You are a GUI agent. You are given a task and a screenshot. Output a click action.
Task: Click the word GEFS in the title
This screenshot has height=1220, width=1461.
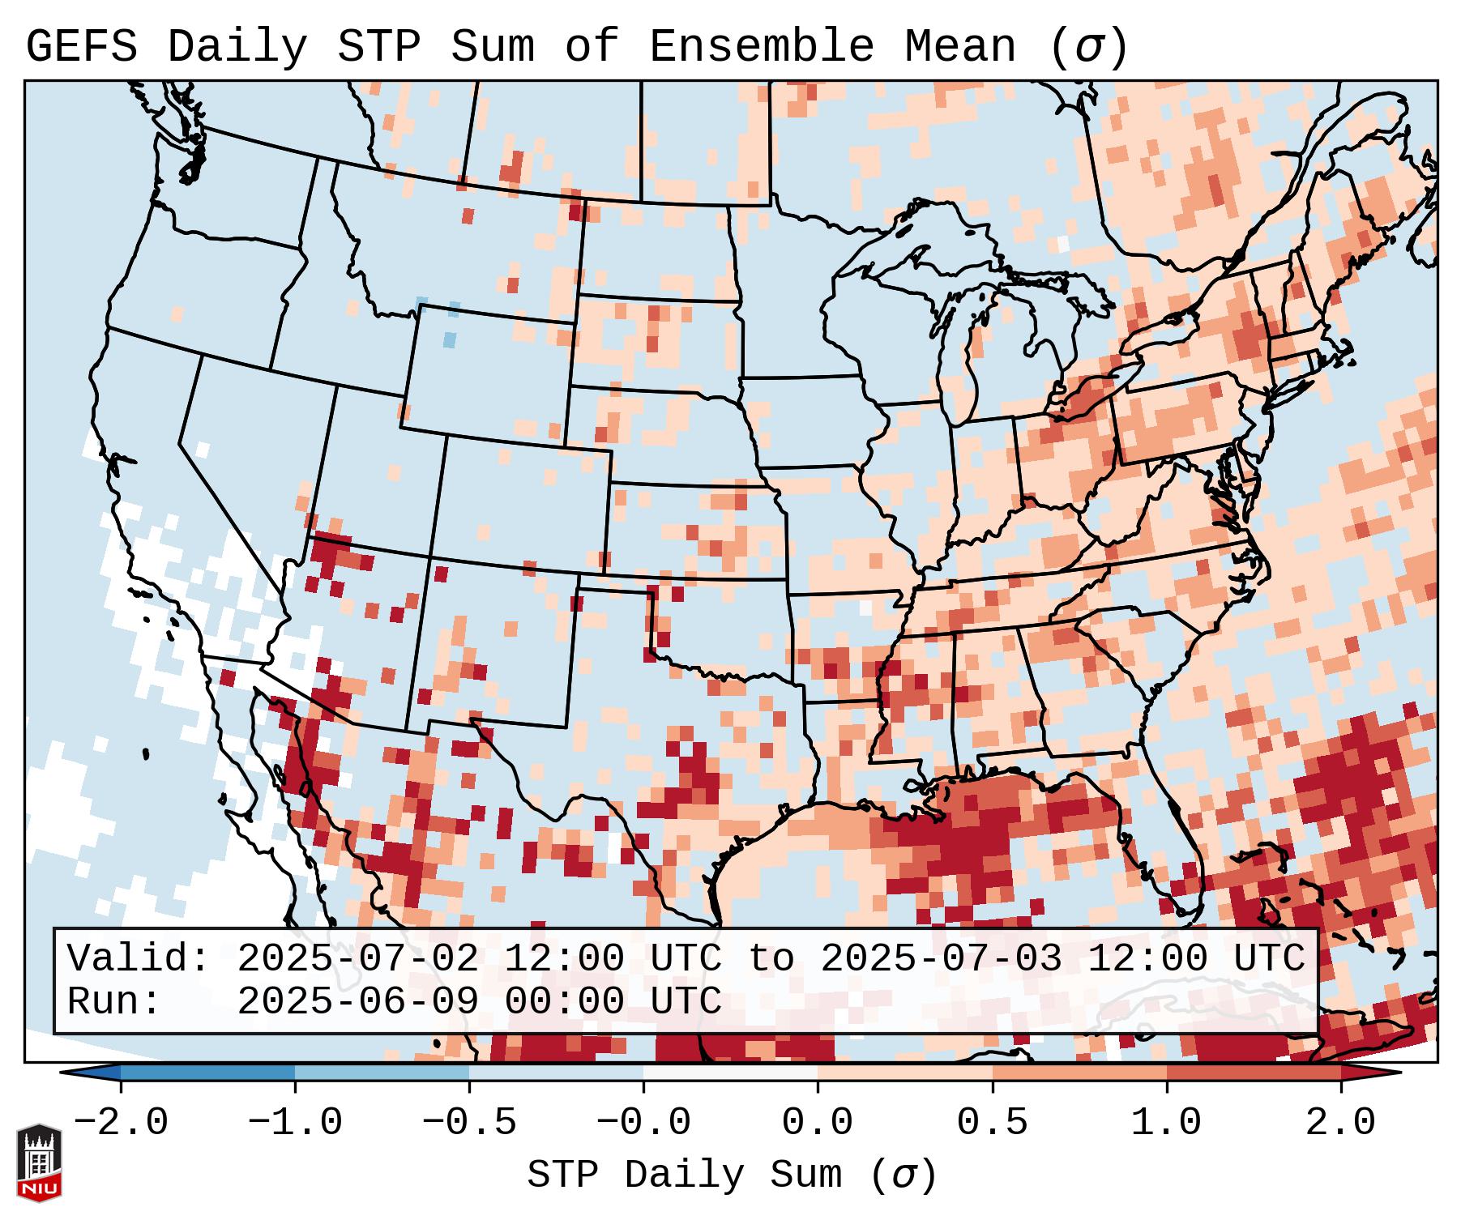[x=81, y=47]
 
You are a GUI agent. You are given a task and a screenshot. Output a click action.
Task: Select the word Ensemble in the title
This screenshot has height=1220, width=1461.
[x=761, y=47]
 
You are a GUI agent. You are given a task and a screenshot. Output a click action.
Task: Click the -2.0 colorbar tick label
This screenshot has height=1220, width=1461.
[x=121, y=1123]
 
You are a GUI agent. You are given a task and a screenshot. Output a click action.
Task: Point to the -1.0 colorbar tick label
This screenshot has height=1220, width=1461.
[x=295, y=1123]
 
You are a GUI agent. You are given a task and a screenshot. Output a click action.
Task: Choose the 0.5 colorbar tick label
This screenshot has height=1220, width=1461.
[x=993, y=1123]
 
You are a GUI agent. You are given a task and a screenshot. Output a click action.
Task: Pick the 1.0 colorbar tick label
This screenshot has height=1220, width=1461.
[x=1167, y=1123]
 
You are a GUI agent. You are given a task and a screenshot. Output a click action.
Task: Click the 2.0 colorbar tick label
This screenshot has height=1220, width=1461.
[x=1341, y=1123]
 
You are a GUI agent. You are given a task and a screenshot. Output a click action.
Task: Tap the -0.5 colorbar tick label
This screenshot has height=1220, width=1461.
[x=469, y=1123]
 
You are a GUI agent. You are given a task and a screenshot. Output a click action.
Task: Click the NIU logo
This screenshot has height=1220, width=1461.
[x=39, y=1162]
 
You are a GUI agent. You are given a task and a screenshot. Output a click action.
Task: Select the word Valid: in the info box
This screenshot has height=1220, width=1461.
[x=139, y=958]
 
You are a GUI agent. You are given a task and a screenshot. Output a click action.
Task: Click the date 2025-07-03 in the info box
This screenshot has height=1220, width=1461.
[x=941, y=958]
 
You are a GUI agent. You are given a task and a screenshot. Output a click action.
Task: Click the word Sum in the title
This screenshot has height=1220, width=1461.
[x=493, y=47]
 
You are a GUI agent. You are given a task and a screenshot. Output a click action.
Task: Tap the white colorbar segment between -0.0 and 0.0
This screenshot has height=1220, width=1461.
[x=731, y=1073]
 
